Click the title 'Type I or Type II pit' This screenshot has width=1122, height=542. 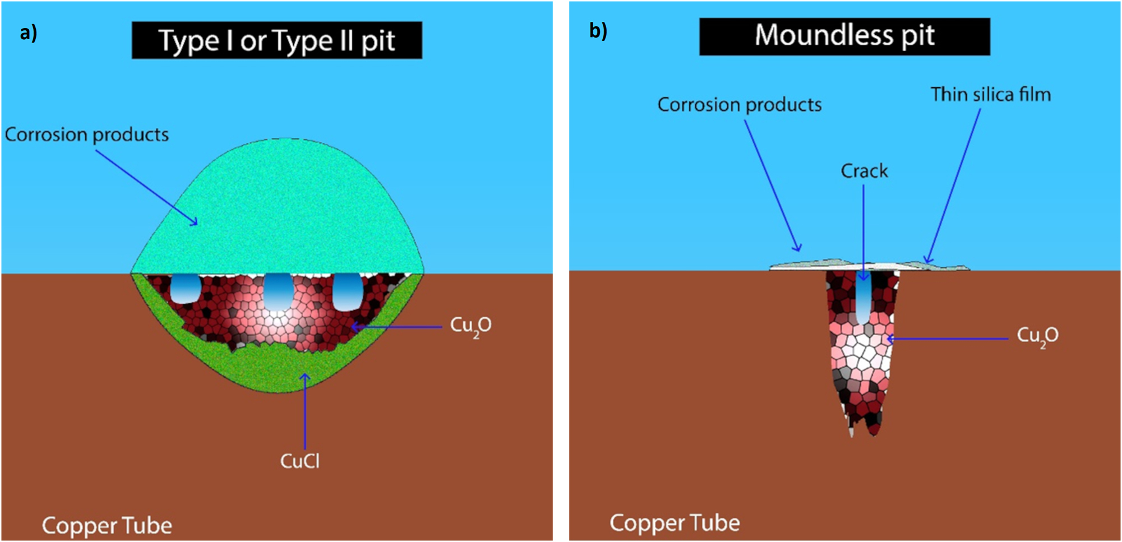coord(277,40)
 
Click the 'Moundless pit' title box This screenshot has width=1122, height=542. coord(844,36)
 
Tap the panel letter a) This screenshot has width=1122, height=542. coord(28,33)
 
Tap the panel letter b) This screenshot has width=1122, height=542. coord(598,31)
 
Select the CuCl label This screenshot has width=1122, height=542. coord(300,461)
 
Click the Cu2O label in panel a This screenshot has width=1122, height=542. coord(470,326)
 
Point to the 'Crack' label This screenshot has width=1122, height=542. coord(864,171)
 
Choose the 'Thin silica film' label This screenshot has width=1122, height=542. coord(991,95)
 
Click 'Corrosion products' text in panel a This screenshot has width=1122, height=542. coord(87,135)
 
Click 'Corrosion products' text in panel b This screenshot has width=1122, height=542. coord(740,105)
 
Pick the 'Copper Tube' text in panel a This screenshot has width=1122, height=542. coord(107,526)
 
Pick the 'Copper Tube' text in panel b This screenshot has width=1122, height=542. coord(675,523)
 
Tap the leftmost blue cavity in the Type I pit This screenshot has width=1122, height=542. coord(186,288)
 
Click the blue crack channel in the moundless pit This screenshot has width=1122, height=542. coord(864,300)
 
